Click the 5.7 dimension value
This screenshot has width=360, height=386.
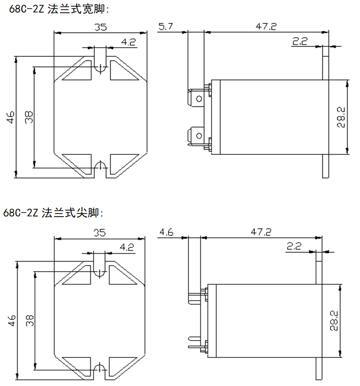(166, 27)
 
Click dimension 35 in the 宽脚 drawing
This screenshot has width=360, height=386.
(100, 27)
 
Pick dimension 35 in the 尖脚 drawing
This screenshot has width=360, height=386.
(99, 233)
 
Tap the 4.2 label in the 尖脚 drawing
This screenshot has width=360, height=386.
(127, 247)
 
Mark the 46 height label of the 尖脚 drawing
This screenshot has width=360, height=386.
(11, 321)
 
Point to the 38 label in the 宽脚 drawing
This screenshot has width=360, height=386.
(29, 117)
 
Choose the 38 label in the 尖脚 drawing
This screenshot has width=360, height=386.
(30, 321)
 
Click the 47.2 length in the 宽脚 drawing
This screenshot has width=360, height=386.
(266, 27)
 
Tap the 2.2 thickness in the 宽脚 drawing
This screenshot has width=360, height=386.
(300, 42)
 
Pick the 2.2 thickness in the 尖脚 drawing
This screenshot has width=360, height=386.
(294, 247)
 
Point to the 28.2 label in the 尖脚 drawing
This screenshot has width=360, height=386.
(334, 321)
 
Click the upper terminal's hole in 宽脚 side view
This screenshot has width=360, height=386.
(198, 98)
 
